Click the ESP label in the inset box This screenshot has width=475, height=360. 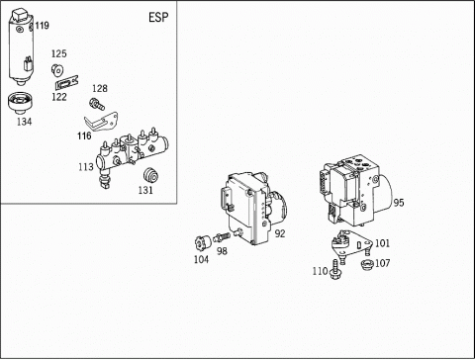[158, 17]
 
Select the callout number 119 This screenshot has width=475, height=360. [43, 26]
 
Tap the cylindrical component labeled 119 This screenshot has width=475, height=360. [21, 47]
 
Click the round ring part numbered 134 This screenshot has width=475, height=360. [20, 103]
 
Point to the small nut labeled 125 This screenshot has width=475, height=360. [57, 69]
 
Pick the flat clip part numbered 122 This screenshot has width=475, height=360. [66, 83]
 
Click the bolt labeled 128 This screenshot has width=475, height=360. [97, 104]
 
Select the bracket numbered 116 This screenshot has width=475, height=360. [102, 121]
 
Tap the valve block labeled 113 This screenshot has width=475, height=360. [132, 155]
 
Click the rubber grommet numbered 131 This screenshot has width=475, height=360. [150, 175]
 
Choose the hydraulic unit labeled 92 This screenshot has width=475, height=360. [253, 208]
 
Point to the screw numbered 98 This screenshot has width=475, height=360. [222, 237]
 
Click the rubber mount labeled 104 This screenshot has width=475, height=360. [203, 243]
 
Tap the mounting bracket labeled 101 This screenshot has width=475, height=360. [352, 245]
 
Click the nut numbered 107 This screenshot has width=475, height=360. [366, 264]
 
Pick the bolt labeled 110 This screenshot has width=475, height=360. [335, 269]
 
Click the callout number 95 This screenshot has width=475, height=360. [399, 203]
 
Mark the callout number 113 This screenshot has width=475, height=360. [86, 167]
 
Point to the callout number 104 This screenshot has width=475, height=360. [201, 259]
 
